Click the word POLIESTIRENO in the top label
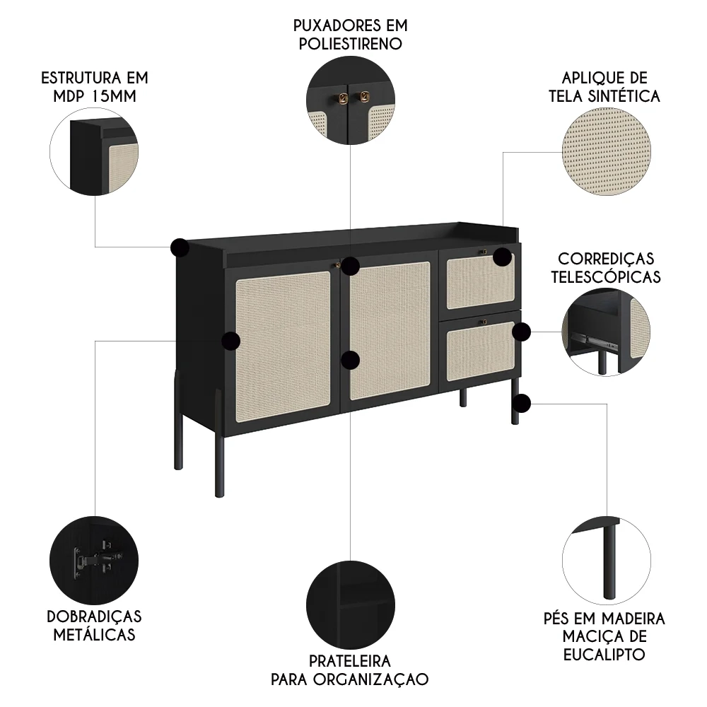click(x=351, y=43)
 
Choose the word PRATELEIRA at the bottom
click(x=350, y=661)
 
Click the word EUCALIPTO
click(x=604, y=654)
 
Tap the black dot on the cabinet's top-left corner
click(x=180, y=247)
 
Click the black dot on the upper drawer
click(x=502, y=256)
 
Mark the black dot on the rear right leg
click(x=521, y=404)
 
